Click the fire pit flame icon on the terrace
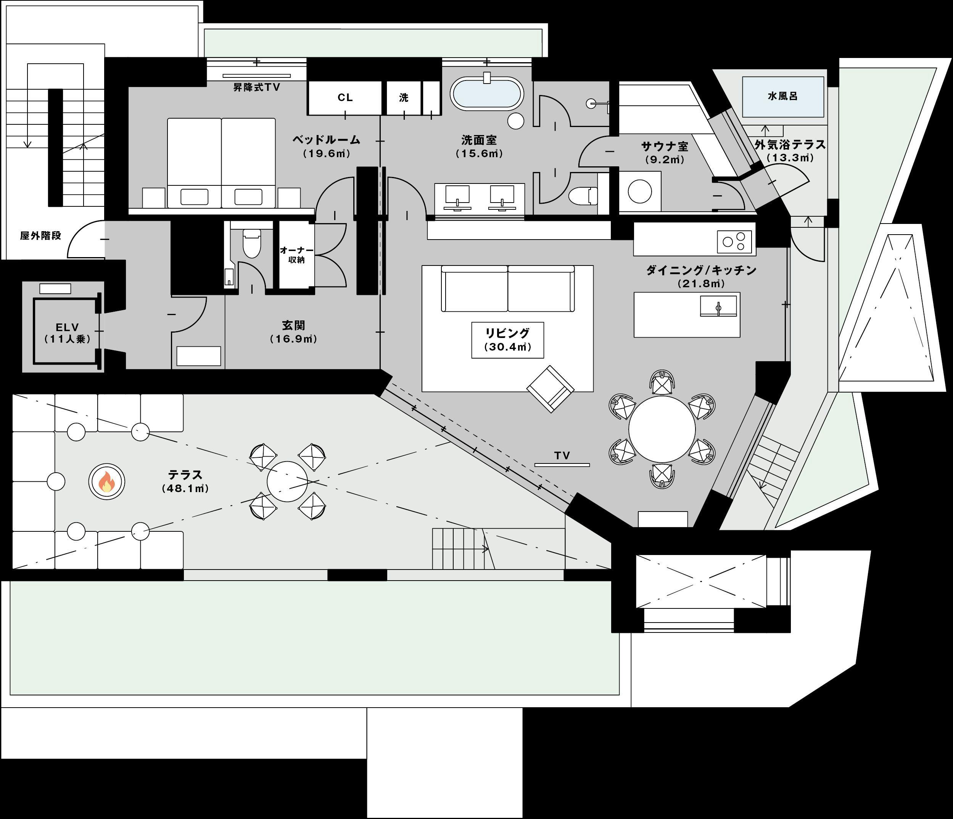click(x=107, y=481)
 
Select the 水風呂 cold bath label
click(x=782, y=96)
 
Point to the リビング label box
click(x=507, y=340)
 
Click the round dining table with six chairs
click(x=662, y=430)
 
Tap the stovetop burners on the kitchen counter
click(x=734, y=241)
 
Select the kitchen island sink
click(x=718, y=306)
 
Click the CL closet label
click(x=345, y=98)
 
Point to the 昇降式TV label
click(x=256, y=87)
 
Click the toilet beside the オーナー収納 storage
click(x=251, y=244)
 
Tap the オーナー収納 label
click(x=297, y=255)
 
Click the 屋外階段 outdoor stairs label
click(x=40, y=235)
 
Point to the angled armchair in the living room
click(x=551, y=389)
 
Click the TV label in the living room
click(x=562, y=455)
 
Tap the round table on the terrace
click(x=287, y=481)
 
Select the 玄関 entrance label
click(x=293, y=325)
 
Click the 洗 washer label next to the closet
click(x=403, y=98)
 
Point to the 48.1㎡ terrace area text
click(x=185, y=489)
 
